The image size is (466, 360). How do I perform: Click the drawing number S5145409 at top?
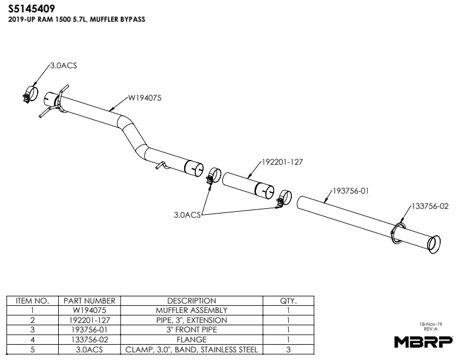[32, 9]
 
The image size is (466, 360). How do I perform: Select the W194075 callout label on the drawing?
[145, 98]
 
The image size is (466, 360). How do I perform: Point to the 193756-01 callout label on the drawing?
[351, 191]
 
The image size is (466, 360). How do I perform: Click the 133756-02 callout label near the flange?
[430, 206]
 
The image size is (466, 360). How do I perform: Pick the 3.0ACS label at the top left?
[63, 65]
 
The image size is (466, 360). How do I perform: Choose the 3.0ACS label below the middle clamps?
[187, 215]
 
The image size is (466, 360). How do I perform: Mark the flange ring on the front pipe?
[398, 232]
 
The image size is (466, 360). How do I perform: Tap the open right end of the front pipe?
[434, 243]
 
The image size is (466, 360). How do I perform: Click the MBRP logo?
[424, 341]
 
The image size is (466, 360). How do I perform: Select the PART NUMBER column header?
[89, 301]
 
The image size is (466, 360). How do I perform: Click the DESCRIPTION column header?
[192, 301]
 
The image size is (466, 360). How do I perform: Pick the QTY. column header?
[288, 301]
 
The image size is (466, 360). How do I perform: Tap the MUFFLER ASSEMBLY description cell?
[192, 310]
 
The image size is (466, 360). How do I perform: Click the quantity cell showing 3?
[288, 349]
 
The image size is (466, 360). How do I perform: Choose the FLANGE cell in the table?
[192, 339]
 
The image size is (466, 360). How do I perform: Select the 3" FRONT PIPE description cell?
[192, 329]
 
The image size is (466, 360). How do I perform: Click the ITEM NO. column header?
[32, 301]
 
